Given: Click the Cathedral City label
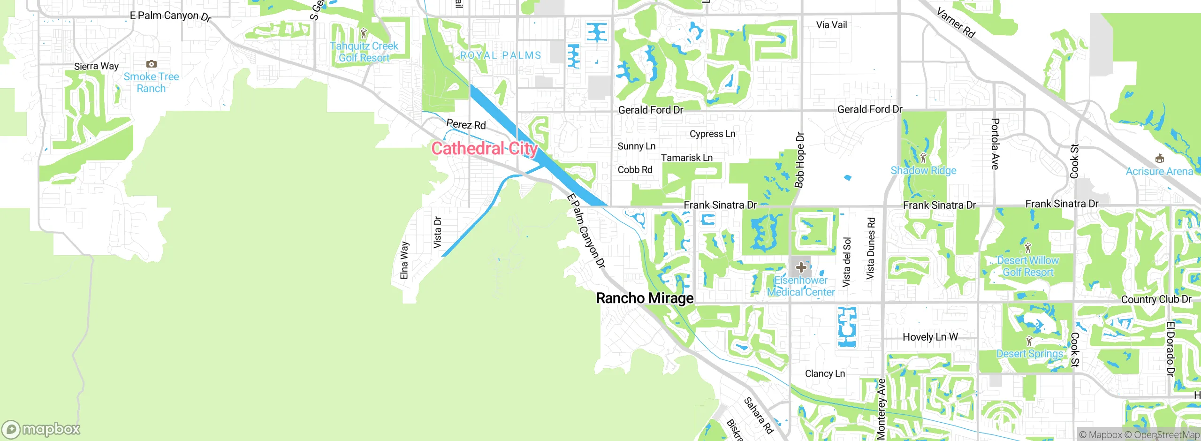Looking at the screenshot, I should coord(484,149).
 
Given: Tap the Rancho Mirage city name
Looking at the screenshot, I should coord(645,298).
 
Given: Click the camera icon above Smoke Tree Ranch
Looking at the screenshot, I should coord(151,64).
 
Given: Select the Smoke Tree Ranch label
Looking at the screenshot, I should coord(151,83).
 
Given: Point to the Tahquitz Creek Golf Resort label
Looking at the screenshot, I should coord(364,52).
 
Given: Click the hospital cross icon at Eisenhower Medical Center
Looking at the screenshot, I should coord(801,267).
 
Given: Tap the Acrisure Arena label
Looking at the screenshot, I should coord(1159,172).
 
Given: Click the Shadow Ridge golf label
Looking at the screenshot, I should coord(923,171).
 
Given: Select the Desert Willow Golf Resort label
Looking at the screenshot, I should coord(1028,266).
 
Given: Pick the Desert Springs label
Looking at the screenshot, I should coord(1029,354).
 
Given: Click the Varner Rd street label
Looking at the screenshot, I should coord(956,23).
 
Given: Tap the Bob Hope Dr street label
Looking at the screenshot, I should coord(800,160).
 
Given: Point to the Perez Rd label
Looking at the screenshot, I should coord(466,125).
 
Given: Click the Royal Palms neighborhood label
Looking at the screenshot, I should coord(500,55).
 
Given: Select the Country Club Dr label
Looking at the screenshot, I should coord(1156,299).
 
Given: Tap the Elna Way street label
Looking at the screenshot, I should coord(404,260).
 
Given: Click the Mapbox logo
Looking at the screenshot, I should coord(41,429).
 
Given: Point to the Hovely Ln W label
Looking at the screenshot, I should coord(930,337).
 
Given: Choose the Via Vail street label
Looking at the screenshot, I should coord(831,25).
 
